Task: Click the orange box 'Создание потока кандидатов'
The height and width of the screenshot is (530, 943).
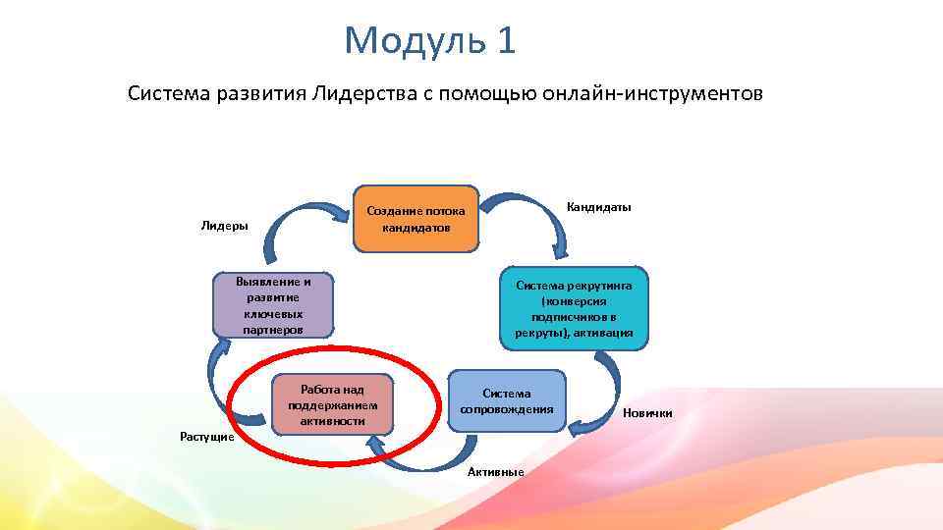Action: click(416, 216)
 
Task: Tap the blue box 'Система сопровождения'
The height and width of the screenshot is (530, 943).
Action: click(507, 401)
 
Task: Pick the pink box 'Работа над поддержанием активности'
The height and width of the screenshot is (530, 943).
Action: click(333, 402)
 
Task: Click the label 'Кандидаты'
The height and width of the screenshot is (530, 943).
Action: click(598, 207)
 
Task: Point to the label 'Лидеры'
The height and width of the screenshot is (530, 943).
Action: click(224, 226)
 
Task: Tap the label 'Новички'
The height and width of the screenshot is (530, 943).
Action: click(648, 413)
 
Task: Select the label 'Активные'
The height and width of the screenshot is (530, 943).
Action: click(496, 472)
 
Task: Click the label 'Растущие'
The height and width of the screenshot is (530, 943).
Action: click(206, 436)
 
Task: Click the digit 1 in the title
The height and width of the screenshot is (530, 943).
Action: click(505, 41)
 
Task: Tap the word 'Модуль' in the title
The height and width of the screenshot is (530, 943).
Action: click(415, 41)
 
